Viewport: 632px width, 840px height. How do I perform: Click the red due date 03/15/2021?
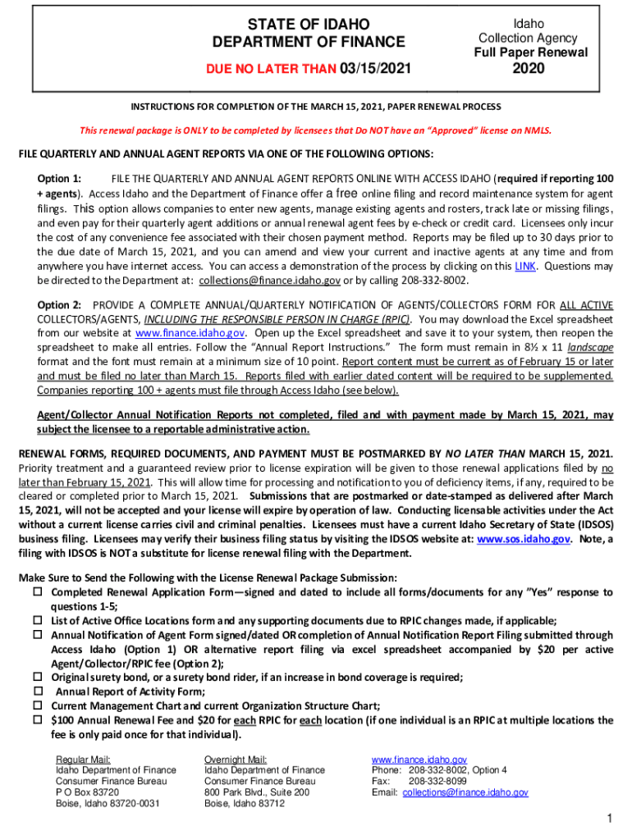pyautogui.click(x=373, y=67)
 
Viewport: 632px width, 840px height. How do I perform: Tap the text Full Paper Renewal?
pyautogui.click(x=530, y=52)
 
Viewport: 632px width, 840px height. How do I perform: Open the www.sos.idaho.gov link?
pyautogui.click(x=524, y=539)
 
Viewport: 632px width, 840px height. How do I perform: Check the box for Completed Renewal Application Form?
pyautogui.click(x=37, y=592)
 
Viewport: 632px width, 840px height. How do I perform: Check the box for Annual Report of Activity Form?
pyautogui.click(x=37, y=692)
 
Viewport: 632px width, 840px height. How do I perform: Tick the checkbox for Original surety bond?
pyautogui.click(x=37, y=678)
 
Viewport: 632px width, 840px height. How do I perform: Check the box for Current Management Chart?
pyautogui.click(x=37, y=705)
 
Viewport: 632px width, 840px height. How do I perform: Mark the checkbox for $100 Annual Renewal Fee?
pyautogui.click(x=37, y=720)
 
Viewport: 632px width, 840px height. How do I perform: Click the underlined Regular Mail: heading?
pyautogui.click(x=83, y=760)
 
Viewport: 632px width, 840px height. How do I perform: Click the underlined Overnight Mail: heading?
pyautogui.click(x=236, y=760)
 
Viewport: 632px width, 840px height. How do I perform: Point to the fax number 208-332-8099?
pyautogui.click(x=438, y=782)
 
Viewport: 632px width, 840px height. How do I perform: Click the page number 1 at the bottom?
pyautogui.click(x=608, y=819)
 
